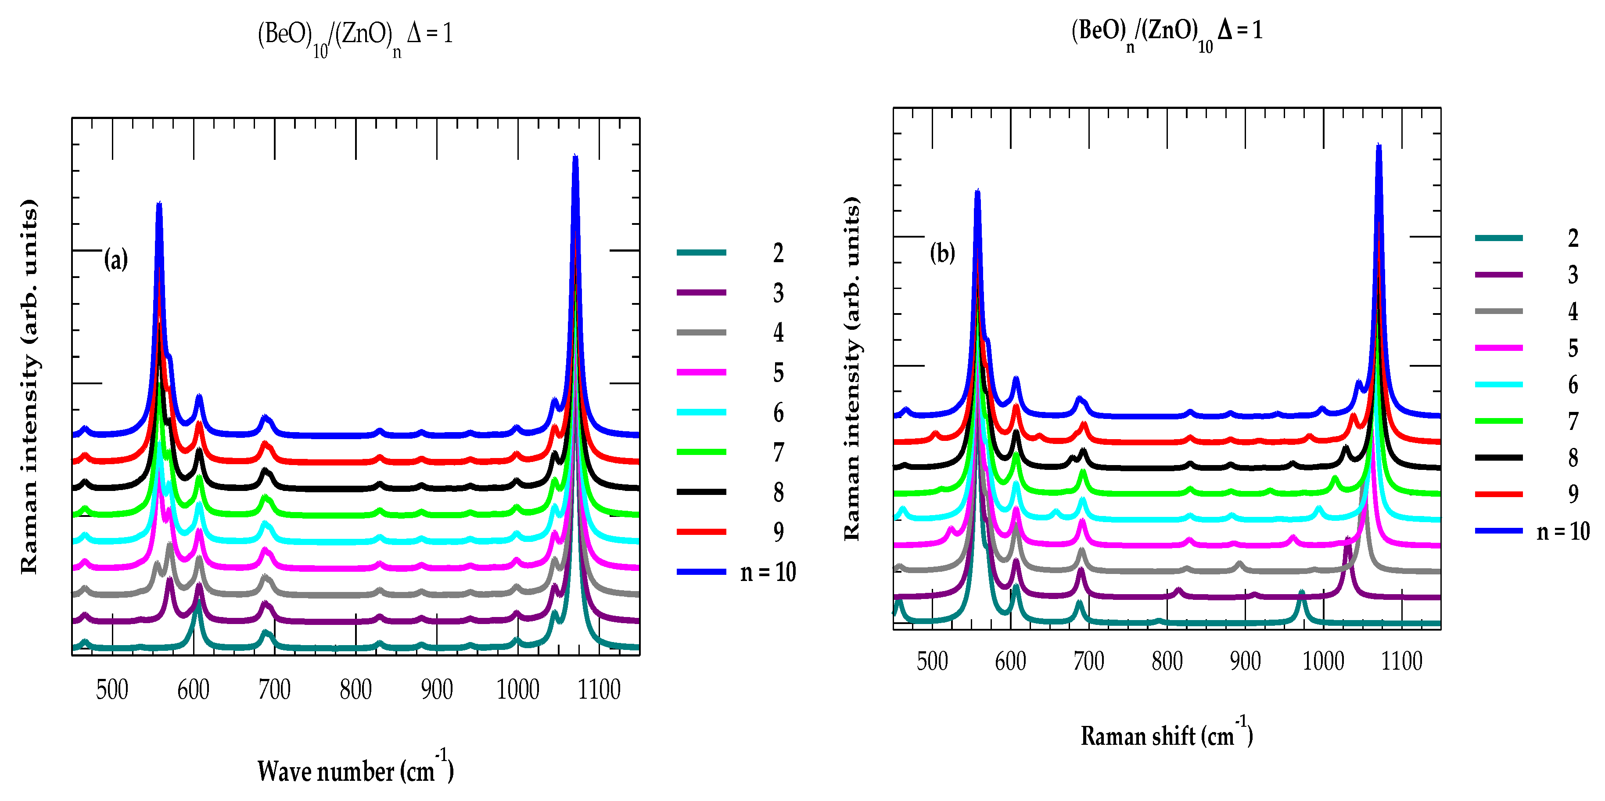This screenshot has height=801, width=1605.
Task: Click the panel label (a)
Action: tap(116, 259)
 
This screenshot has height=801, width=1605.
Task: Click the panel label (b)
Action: tap(942, 253)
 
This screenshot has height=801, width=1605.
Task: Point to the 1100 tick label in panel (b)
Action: tap(1401, 661)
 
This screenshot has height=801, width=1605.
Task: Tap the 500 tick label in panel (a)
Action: tap(112, 690)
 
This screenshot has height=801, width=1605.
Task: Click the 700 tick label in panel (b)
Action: tap(1088, 661)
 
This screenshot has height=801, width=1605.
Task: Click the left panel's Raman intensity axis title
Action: tap(29, 386)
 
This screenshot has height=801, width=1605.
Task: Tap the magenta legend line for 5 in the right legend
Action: tap(1498, 348)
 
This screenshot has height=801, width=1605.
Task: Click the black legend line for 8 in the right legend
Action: tap(1498, 458)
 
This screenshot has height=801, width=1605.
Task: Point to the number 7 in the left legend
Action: tap(778, 453)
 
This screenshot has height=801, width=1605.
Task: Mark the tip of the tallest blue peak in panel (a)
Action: tap(575, 157)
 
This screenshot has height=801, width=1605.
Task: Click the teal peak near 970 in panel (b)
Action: tap(1301, 593)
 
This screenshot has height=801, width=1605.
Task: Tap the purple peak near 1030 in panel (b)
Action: tap(1348, 540)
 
